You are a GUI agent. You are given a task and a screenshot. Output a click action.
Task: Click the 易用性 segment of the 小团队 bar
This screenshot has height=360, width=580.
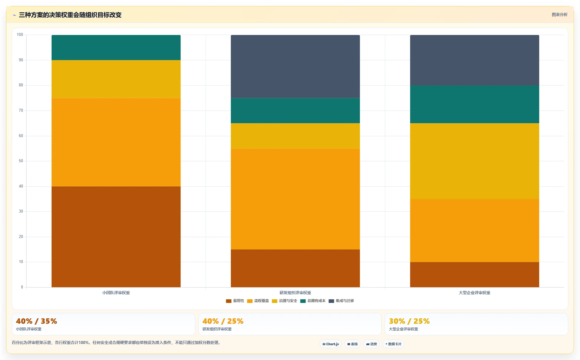[116, 237]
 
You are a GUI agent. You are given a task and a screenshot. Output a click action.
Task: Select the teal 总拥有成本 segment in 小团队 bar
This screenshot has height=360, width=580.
[116, 47]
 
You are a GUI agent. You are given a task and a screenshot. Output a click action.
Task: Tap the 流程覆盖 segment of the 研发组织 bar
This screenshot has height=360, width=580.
[295, 199]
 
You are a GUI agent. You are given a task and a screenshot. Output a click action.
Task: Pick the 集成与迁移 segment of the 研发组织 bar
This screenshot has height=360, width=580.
[295, 66]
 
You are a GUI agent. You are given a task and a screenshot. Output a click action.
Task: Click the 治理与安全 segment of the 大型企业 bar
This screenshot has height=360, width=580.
[475, 161]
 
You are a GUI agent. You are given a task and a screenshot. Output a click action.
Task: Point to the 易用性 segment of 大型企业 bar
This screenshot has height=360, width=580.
[475, 275]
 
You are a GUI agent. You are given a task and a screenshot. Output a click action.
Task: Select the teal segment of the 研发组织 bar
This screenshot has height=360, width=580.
[295, 111]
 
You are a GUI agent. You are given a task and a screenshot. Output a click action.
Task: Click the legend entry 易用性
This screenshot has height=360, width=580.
[235, 301]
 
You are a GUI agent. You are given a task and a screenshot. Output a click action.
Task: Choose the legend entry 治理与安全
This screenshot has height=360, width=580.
[284, 301]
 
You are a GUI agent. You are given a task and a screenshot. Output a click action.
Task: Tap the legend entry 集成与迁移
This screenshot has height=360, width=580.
[341, 301]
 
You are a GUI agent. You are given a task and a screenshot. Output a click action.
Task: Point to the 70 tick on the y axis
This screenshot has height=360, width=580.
[21, 111]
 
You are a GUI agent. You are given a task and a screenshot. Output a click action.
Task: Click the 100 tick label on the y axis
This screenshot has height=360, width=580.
[20, 35]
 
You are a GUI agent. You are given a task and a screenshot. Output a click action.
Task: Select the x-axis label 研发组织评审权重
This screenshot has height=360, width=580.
[295, 293]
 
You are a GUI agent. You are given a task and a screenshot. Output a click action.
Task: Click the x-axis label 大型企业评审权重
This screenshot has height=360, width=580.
[475, 293]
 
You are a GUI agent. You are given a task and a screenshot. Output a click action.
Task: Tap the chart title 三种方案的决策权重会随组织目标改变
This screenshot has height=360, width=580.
[70, 15]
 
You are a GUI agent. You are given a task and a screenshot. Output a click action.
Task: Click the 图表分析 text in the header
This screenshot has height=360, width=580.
[559, 14]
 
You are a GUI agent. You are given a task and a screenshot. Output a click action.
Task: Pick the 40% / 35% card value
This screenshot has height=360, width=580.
[37, 321]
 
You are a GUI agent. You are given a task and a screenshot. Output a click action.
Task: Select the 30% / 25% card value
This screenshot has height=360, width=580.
[409, 321]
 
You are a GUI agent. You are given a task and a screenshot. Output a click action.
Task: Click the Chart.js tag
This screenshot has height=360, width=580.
[331, 344]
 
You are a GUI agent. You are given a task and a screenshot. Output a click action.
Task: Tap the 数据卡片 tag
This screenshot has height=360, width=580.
[393, 344]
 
